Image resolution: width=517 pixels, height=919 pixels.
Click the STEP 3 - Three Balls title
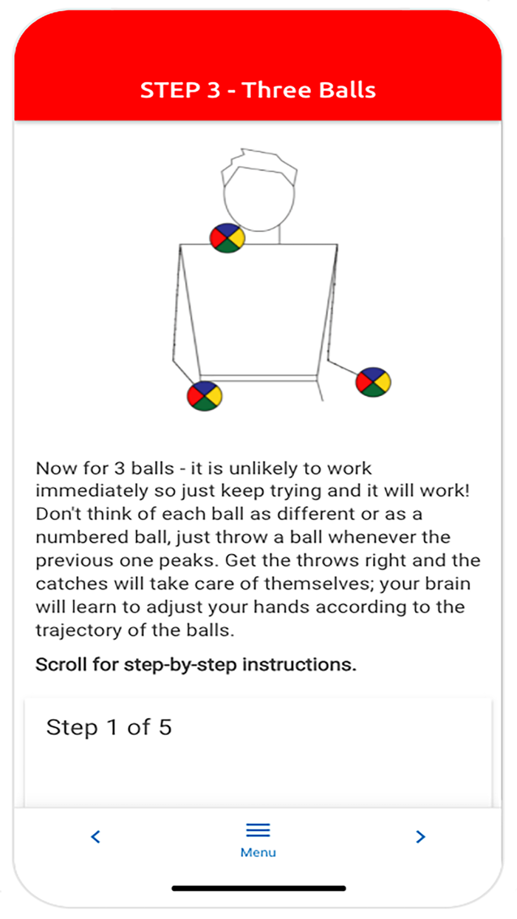click(258, 90)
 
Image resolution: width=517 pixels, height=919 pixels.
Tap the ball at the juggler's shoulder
click(227, 238)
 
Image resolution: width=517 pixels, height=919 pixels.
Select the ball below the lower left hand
click(205, 395)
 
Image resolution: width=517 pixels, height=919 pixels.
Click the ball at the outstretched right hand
click(373, 382)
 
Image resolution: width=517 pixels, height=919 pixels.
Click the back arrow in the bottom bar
click(95, 837)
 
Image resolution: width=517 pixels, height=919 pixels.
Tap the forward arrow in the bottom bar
click(420, 837)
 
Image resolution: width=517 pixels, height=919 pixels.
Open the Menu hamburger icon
click(258, 830)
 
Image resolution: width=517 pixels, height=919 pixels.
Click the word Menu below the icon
click(258, 853)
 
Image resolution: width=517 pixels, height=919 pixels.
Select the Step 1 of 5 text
click(109, 727)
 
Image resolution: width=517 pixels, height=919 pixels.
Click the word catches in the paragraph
click(67, 584)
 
